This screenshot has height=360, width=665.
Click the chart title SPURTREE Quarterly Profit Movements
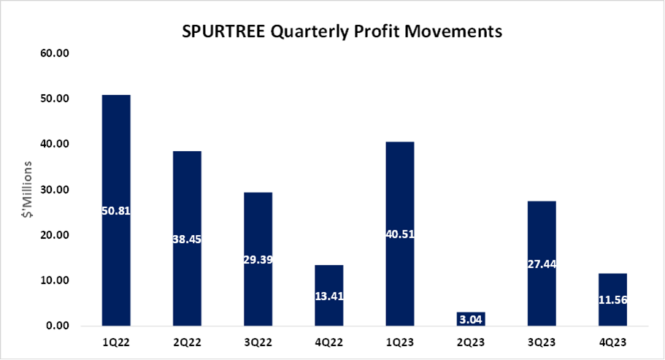[332, 32]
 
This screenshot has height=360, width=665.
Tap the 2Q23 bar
[470, 319]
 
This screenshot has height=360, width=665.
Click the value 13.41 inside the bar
[328, 296]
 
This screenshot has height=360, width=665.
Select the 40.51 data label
[399, 234]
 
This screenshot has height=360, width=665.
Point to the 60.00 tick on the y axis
[56, 53]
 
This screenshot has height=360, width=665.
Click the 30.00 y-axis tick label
[56, 190]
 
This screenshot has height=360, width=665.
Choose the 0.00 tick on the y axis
[59, 326]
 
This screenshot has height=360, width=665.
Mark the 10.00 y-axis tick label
[56, 280]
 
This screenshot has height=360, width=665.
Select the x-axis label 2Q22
[187, 342]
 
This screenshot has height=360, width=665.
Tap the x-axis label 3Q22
[258, 342]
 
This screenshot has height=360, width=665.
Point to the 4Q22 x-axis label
[328, 342]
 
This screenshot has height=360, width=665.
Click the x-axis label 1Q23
[399, 342]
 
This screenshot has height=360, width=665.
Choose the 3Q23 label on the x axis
[541, 342]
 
